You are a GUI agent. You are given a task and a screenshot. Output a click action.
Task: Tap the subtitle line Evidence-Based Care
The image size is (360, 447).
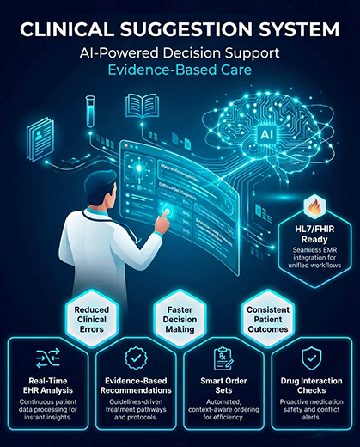180,73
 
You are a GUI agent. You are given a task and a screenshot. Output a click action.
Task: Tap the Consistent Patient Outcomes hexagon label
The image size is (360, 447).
268,322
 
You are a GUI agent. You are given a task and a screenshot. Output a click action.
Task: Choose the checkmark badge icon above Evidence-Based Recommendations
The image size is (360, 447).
135,358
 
